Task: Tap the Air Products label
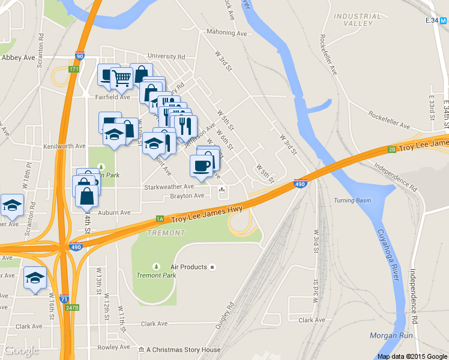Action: coord(188,267)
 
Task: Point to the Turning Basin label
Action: coord(352,200)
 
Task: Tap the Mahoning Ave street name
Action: coord(226,32)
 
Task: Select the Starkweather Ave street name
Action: coord(169,187)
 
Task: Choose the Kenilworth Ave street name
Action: coord(65,146)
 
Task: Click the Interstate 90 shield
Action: coord(80,56)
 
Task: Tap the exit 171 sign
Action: coord(73,70)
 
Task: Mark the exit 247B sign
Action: coord(73,308)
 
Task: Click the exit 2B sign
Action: coord(391,149)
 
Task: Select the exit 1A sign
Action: coord(160,219)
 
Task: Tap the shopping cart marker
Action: coord(121,78)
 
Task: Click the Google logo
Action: coord(21,350)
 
